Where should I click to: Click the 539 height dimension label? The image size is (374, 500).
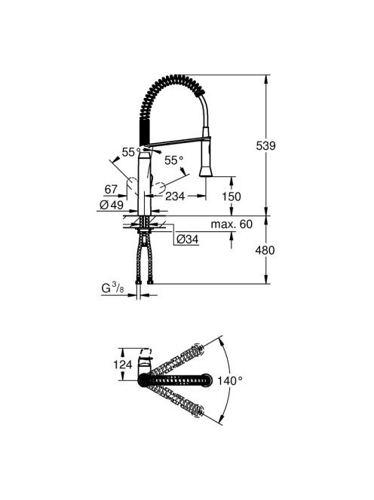(x=265, y=146)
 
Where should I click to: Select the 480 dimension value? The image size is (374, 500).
(x=265, y=250)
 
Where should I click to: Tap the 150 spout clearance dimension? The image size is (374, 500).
(x=231, y=197)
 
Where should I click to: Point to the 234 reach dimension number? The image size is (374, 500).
(x=175, y=196)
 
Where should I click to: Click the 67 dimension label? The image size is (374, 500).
(x=111, y=190)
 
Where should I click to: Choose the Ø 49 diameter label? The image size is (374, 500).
(x=112, y=205)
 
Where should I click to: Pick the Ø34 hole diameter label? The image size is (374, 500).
(x=188, y=239)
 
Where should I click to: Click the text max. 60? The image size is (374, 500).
(x=231, y=224)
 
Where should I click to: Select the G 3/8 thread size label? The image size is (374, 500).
(x=112, y=288)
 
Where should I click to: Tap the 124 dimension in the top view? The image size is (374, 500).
(x=123, y=364)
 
